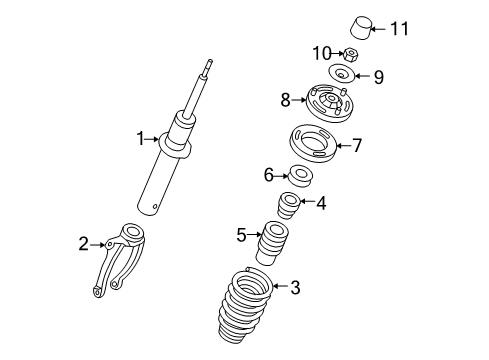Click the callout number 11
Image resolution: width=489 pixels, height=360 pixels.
(x=399, y=28)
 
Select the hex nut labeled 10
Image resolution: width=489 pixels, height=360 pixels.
(x=350, y=54)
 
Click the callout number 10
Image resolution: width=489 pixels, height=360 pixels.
(x=322, y=53)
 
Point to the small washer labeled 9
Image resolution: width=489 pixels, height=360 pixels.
(x=342, y=74)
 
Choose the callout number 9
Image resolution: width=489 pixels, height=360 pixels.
(x=379, y=77)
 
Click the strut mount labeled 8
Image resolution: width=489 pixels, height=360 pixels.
(x=329, y=103)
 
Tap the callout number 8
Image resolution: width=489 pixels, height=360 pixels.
(x=285, y=100)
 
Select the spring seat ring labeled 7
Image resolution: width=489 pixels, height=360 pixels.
(x=312, y=143)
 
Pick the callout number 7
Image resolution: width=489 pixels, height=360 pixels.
(x=357, y=145)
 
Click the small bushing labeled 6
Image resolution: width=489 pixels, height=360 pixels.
(x=300, y=175)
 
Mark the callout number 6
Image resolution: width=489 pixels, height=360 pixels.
(x=269, y=175)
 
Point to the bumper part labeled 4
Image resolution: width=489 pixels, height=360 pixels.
(x=288, y=205)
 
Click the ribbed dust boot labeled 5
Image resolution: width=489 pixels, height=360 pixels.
(x=272, y=243)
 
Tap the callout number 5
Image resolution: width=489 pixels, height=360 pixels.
(x=241, y=235)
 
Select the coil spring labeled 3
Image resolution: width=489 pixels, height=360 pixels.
(x=245, y=310)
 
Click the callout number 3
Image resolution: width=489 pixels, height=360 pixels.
(x=295, y=287)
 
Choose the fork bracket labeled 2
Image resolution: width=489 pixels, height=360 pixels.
(x=119, y=259)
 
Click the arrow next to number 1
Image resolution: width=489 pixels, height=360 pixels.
(x=153, y=139)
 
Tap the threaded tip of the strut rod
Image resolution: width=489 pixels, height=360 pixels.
(x=209, y=64)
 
